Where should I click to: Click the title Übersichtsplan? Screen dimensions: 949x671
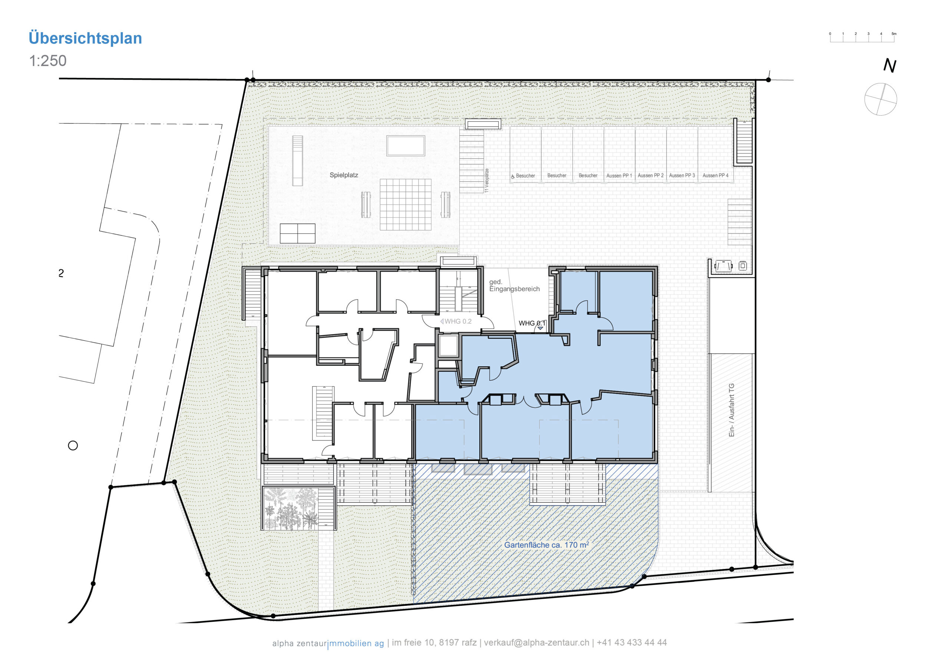pos(85,38)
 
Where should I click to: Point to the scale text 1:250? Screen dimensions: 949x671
pos(47,61)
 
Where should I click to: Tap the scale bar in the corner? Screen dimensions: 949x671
pos(862,38)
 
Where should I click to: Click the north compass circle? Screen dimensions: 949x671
pos(880,99)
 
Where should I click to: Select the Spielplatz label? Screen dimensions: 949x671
pos(344,175)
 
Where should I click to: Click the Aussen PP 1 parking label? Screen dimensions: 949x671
pos(619,176)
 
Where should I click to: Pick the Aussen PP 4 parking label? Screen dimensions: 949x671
pos(715,176)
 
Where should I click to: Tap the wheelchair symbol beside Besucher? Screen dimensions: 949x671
pos(513,176)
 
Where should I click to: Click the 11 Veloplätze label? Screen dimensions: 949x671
pos(486,181)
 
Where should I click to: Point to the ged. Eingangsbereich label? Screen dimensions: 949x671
pos(514,285)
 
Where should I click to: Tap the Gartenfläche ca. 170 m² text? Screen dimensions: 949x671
pos(546,545)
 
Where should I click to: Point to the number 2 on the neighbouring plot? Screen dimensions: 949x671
pos(61,273)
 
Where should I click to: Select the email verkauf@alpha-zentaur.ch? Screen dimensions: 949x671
pos(536,642)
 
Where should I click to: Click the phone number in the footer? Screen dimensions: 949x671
pos(632,642)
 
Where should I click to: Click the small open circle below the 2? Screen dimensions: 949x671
pos(73,445)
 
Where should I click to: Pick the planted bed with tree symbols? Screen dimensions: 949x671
pos(291,509)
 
